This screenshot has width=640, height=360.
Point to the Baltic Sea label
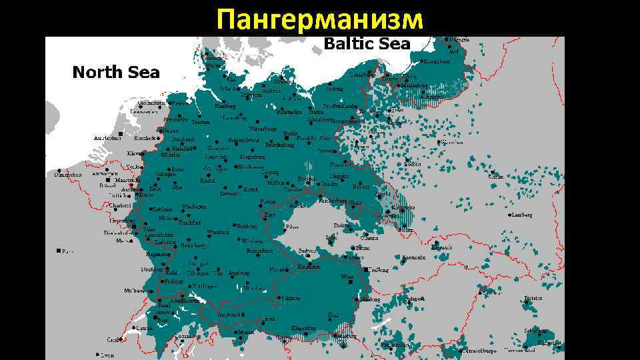(x=366, y=45)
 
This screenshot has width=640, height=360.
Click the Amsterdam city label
(x=107, y=138)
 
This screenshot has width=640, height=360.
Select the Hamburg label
(x=227, y=106)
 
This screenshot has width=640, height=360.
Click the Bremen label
(x=201, y=122)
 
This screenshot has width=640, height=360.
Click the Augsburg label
(x=238, y=273)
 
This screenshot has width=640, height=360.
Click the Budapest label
(x=413, y=299)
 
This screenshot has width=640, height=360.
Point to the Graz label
(x=333, y=315)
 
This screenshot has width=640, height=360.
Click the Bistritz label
(x=533, y=298)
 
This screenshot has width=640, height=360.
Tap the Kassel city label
(x=207, y=181)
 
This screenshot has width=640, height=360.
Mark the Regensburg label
(x=260, y=251)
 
